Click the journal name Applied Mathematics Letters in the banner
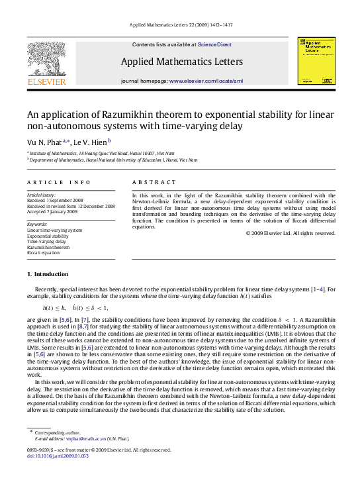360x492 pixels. tap(179, 62)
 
